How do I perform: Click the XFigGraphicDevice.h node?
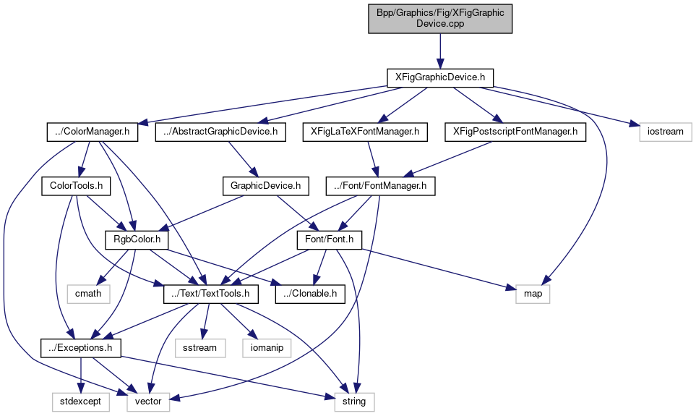click(x=440, y=76)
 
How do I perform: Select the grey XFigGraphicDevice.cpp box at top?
click(x=440, y=18)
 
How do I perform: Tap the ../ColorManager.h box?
click(x=92, y=132)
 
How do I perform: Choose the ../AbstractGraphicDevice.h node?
click(x=220, y=132)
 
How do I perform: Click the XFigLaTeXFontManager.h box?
click(x=366, y=132)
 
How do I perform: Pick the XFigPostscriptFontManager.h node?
click(x=515, y=132)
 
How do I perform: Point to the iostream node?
click(x=665, y=132)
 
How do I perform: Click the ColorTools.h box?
click(x=75, y=186)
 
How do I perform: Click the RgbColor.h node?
click(x=137, y=239)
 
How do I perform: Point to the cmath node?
click(x=89, y=293)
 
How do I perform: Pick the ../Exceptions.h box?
click(x=80, y=347)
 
